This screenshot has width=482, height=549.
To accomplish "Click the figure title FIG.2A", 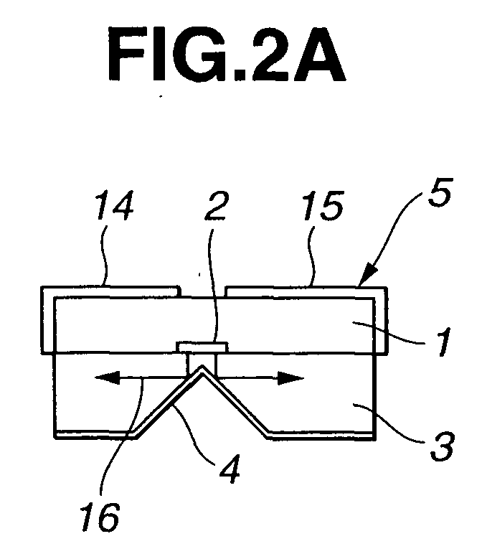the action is point(227,55).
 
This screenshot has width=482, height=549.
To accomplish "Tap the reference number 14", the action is point(115,205).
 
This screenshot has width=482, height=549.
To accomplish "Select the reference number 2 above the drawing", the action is point(217,206).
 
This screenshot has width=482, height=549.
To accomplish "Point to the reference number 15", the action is point(323,206).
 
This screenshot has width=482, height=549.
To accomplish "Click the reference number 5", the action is point(440,192).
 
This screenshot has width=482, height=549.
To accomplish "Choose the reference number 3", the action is point(443,446).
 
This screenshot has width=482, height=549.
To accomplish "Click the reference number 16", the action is point(100,518).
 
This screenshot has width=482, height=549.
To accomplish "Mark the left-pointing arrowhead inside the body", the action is point(108,378).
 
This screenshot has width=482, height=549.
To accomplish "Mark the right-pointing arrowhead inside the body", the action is point(290,378).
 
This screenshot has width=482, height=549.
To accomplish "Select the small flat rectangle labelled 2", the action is point(202,347).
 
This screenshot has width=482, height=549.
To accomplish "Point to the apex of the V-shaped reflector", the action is point(202,367).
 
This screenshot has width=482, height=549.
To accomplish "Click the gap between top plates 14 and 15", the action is point(203,292).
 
